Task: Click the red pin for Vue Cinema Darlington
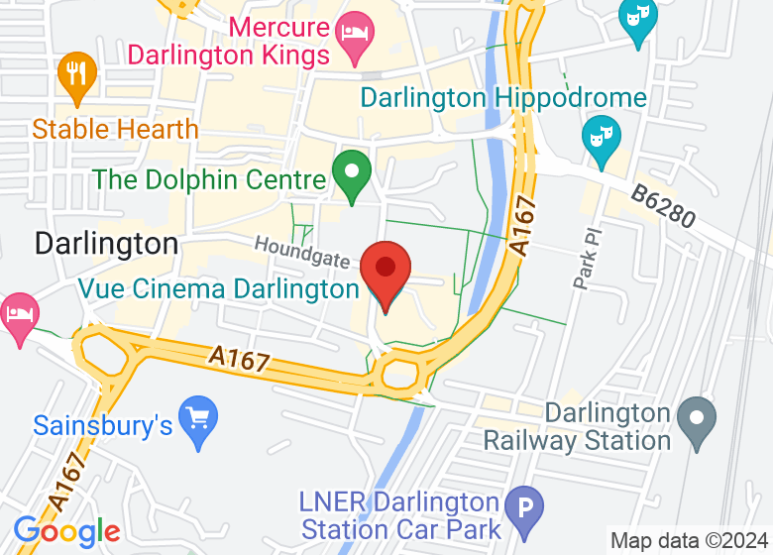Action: click(x=386, y=271)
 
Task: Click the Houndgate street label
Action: click(x=302, y=252)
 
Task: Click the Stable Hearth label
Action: click(x=115, y=129)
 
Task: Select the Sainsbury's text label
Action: click(x=103, y=426)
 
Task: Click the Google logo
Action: click(x=66, y=532)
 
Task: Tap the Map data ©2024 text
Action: click(x=690, y=541)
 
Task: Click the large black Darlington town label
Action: click(x=107, y=243)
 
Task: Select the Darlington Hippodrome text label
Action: click(x=503, y=98)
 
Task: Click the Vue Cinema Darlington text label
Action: click(x=219, y=289)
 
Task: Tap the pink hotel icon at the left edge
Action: click(x=18, y=315)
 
